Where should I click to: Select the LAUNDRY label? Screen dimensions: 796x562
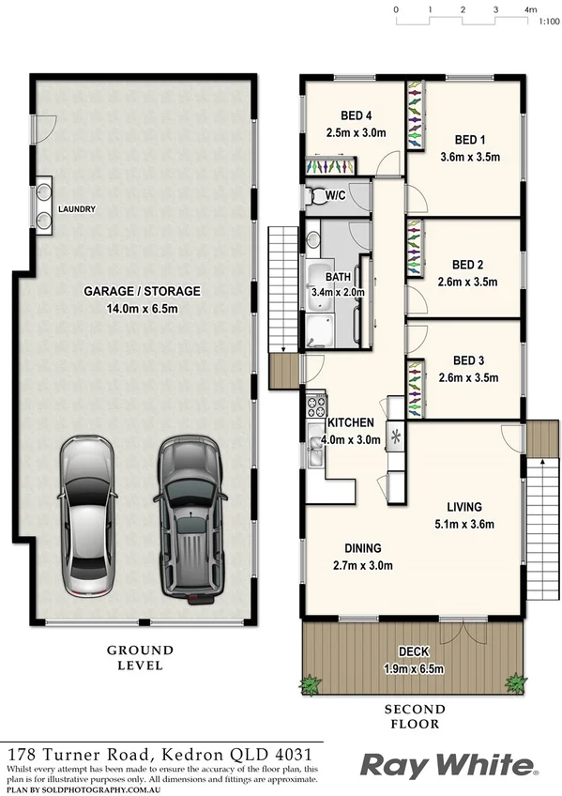(x=76, y=209)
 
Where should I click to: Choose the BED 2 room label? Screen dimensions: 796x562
(x=467, y=265)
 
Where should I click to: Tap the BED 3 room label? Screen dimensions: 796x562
(x=467, y=360)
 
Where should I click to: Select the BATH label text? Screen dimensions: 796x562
(x=338, y=278)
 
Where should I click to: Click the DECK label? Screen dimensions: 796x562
(x=413, y=651)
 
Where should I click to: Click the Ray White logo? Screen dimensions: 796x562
(x=449, y=766)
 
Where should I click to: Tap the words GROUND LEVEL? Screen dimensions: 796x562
(x=140, y=657)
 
